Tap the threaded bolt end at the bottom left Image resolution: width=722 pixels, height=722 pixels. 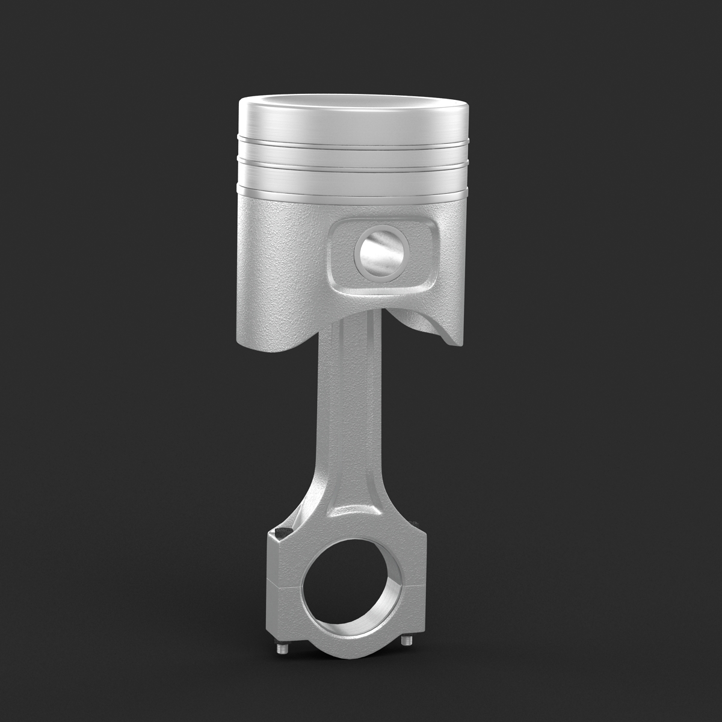click(281, 648)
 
